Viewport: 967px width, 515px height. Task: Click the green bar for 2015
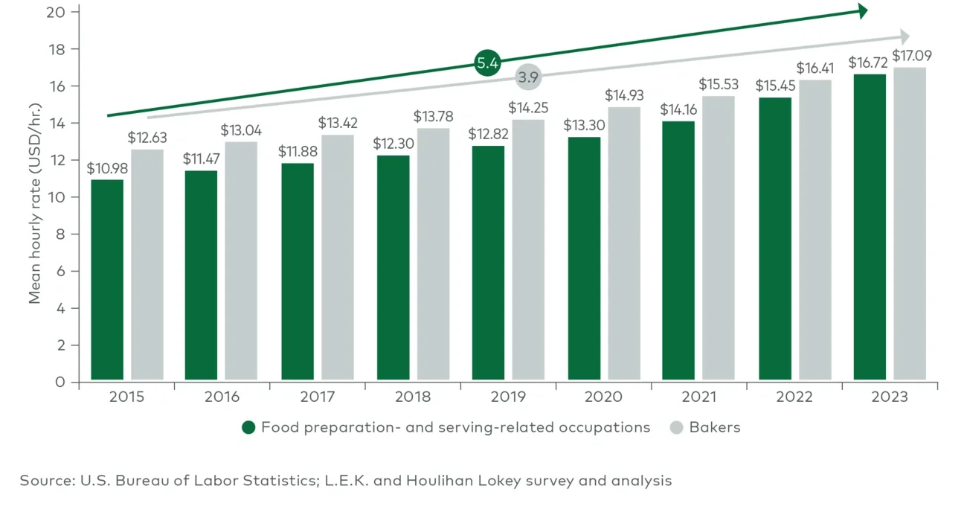tap(107, 280)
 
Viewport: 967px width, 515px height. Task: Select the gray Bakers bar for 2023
tap(910, 224)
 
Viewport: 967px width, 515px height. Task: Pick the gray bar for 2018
tap(433, 255)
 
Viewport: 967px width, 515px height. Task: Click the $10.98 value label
tap(107, 169)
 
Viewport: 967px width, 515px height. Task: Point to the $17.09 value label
tap(912, 56)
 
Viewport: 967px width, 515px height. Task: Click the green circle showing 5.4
tap(487, 64)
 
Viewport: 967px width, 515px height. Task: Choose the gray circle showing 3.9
tap(528, 77)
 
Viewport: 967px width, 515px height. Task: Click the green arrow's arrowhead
tap(862, 11)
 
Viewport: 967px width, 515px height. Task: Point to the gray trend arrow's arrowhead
tap(904, 36)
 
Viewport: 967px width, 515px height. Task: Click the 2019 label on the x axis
tap(508, 397)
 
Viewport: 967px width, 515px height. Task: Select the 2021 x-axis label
tap(698, 397)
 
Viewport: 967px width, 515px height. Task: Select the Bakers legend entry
tap(714, 427)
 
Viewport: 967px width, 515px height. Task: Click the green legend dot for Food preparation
tap(248, 427)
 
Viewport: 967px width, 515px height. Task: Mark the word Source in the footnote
tap(45, 481)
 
